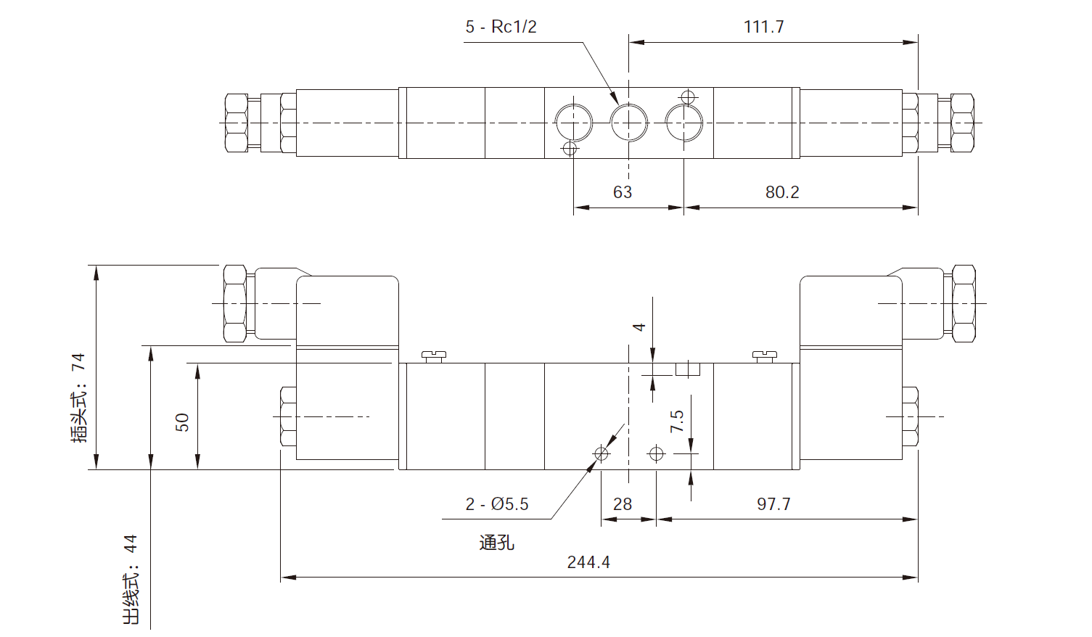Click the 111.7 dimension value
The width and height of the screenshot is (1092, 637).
pyautogui.click(x=763, y=27)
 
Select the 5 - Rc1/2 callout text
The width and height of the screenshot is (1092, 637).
pyautogui.click(x=501, y=27)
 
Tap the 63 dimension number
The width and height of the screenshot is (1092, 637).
pyautogui.click(x=623, y=192)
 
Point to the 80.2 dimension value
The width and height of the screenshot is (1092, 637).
pyautogui.click(x=782, y=192)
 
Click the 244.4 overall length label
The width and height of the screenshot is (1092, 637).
pyautogui.click(x=588, y=562)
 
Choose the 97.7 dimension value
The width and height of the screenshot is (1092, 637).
pyautogui.click(x=773, y=504)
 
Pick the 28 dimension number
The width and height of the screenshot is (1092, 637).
pyautogui.click(x=623, y=504)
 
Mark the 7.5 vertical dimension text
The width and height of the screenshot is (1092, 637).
pyautogui.click(x=677, y=421)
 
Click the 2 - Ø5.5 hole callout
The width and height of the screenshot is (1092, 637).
pyautogui.click(x=497, y=504)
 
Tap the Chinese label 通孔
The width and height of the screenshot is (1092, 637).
pyautogui.click(x=497, y=543)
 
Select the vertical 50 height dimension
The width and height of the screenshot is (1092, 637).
pyautogui.click(x=182, y=422)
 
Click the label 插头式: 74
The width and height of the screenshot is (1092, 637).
pyautogui.click(x=79, y=398)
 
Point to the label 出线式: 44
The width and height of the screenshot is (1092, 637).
pyautogui.click(x=131, y=580)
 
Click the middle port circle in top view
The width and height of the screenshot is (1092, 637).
pyautogui.click(x=629, y=123)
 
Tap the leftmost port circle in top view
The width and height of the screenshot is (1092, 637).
pyautogui.click(x=574, y=123)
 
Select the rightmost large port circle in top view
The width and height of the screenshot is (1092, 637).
pyautogui.click(x=684, y=123)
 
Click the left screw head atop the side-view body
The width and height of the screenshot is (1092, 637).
pyautogui.click(x=433, y=356)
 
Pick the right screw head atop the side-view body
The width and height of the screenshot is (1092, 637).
pyautogui.click(x=765, y=356)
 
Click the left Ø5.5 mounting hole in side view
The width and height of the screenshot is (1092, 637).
pyautogui.click(x=602, y=454)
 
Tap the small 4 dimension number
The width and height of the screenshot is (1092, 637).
pyautogui.click(x=639, y=326)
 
